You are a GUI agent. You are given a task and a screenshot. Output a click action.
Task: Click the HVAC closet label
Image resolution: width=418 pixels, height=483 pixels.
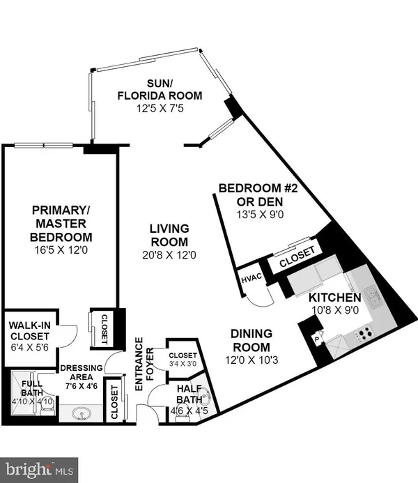point(250,278)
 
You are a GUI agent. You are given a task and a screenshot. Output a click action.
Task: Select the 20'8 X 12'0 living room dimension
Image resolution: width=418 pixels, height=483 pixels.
point(169,255)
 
